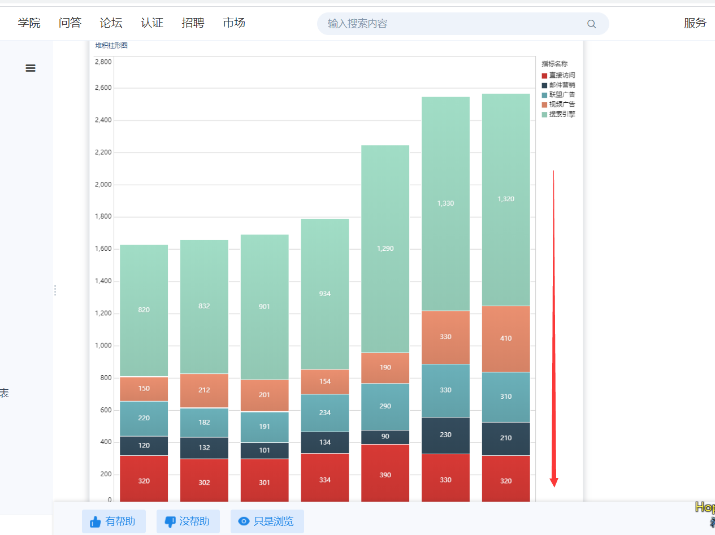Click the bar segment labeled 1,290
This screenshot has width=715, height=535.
pos(385,249)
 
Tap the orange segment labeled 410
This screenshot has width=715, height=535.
pos(505,338)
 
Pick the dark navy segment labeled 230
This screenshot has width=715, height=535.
pos(445,435)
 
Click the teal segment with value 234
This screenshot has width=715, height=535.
pos(324,412)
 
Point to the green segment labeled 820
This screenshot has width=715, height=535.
pos(144,310)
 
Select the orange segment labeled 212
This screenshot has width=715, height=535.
pos(204,390)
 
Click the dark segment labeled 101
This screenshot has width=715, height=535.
pos(264,450)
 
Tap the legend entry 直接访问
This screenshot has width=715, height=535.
pos(558,75)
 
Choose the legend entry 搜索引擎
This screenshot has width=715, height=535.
pos(558,114)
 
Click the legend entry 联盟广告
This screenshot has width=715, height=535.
pos(558,94)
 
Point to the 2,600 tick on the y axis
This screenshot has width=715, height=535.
pos(103,88)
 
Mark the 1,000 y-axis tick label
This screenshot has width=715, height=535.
pos(103,346)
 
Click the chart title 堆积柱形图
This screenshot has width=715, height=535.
pos(111,46)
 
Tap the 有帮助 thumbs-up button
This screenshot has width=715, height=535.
pos(114,521)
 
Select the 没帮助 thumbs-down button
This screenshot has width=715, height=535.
pos(188,521)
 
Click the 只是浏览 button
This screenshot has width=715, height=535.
pos(267,521)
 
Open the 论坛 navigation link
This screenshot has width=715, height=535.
pos(111,23)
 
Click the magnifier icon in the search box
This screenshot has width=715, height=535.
pos(592,24)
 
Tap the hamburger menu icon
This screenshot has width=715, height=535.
pos(31,68)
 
